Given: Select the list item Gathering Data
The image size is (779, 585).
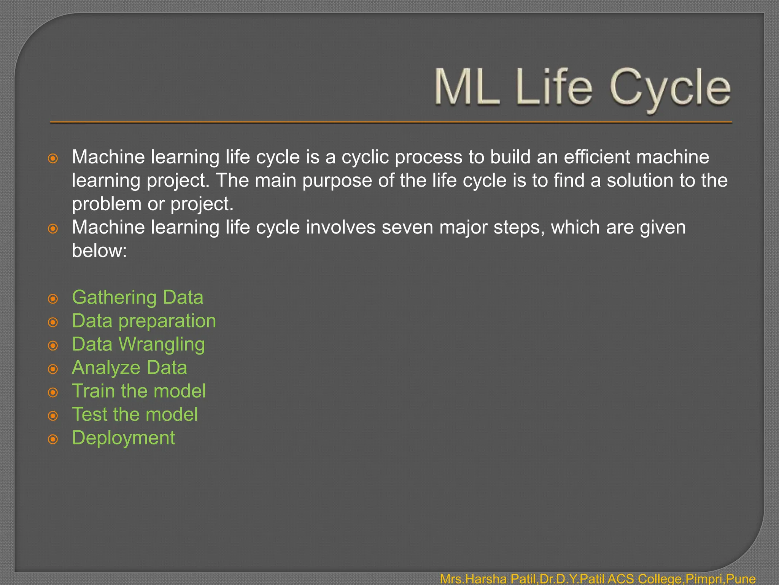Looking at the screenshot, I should click(137, 297).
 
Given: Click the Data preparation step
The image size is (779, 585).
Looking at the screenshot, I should click(144, 321).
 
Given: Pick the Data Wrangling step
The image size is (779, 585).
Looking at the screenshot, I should click(138, 344).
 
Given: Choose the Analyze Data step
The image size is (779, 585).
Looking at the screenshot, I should click(129, 368).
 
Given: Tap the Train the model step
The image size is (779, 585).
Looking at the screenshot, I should click(139, 391).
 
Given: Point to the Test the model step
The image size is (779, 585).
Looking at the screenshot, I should click(135, 414).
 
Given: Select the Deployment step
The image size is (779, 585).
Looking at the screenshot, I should click(123, 438).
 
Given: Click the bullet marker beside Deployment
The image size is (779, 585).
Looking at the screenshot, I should click(53, 440).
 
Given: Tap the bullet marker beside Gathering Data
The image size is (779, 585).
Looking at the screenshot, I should click(53, 299).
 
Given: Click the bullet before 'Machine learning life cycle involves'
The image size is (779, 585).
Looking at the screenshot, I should click(53, 229).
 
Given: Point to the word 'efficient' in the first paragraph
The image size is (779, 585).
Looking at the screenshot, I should click(596, 157).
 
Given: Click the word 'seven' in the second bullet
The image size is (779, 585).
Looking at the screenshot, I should click(407, 227).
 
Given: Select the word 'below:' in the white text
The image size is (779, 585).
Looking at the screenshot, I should click(99, 251).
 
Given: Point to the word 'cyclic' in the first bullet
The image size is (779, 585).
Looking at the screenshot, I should click(365, 157).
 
